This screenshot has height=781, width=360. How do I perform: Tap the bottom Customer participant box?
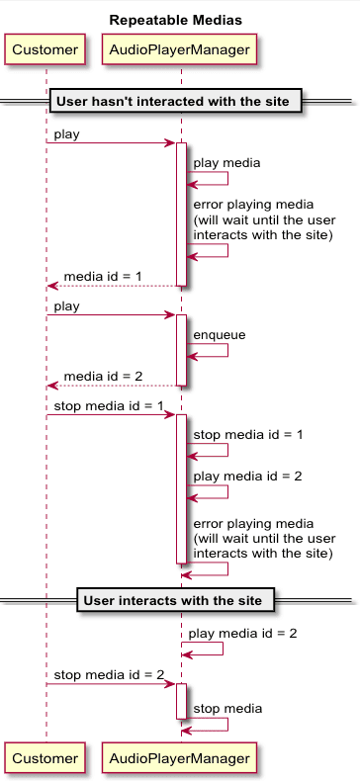coord(45,758)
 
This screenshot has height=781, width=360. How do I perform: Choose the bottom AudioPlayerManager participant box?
coord(180,758)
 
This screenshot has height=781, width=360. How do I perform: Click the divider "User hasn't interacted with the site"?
coord(175,101)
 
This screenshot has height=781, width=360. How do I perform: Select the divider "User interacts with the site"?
coord(173,600)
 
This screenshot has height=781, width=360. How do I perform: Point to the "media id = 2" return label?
coord(103,376)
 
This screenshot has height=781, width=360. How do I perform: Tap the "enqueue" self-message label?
coord(220,335)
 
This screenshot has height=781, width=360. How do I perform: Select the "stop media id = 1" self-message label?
coord(247,435)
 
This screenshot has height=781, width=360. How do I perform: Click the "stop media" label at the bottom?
coord(227,708)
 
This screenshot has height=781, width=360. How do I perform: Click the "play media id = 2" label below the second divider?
coord(242,633)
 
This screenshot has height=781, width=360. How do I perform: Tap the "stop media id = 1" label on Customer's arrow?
coord(109,405)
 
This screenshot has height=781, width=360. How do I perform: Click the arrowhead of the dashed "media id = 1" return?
coord(52,286)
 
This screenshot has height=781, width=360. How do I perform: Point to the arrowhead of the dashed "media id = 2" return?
coord(52,386)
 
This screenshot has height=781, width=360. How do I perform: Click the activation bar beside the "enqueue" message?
coord(181,350)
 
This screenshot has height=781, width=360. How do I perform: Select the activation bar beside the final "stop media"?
coord(181,701)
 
